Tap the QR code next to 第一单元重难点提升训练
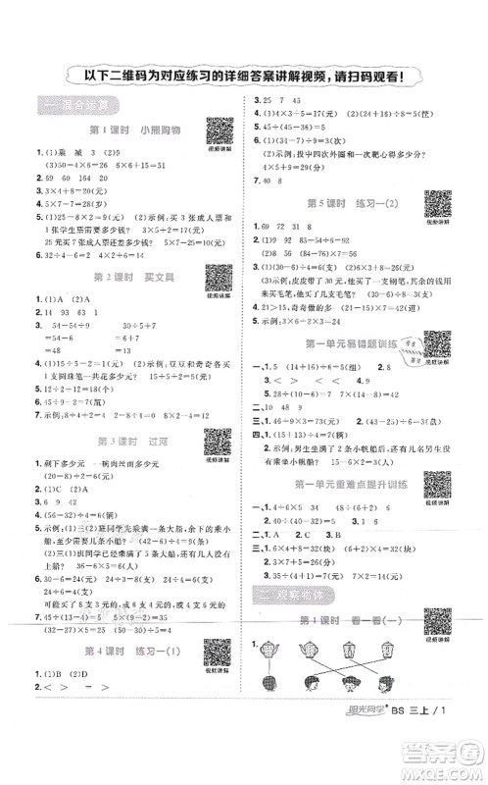436,483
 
